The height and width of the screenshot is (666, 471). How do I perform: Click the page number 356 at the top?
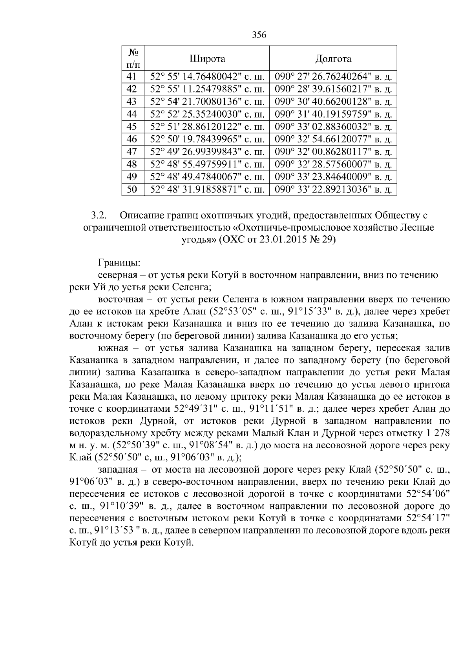259,35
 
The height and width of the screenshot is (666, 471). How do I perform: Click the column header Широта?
207,59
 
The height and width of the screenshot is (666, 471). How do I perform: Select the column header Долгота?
333,59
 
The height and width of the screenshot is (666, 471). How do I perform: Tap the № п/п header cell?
133,58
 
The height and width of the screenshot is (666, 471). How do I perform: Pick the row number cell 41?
133,76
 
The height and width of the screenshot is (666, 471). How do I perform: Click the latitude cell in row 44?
207,114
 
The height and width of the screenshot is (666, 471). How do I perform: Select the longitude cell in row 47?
333,152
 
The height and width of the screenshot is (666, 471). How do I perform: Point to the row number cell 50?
133,189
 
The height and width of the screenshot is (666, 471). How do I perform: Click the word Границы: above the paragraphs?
117,262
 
